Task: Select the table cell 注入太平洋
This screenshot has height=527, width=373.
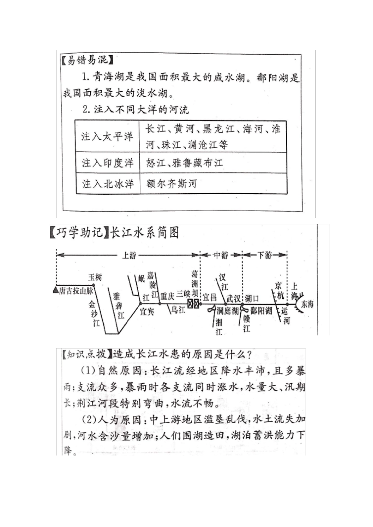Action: coord(107,136)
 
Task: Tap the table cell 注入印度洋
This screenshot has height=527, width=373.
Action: coord(107,163)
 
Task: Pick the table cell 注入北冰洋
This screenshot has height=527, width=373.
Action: coord(107,183)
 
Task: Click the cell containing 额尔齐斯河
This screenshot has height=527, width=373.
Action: coord(172,183)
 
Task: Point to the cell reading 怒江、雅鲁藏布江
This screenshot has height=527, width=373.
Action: coord(185,163)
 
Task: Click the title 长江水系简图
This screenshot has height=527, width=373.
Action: coord(144,233)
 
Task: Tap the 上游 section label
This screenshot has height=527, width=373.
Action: coord(129,255)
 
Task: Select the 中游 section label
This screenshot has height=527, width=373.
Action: coord(221,255)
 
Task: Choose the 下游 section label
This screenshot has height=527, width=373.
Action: coord(265,255)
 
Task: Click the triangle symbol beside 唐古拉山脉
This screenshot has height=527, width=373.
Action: coord(55,291)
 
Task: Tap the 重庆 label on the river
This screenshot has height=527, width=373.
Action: coord(167,297)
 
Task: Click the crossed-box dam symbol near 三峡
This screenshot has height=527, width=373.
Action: coord(193,304)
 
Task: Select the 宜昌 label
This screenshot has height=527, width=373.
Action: coord(210,297)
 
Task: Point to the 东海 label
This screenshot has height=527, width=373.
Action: coord(307,304)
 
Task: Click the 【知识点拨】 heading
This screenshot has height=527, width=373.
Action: coord(87,354)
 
